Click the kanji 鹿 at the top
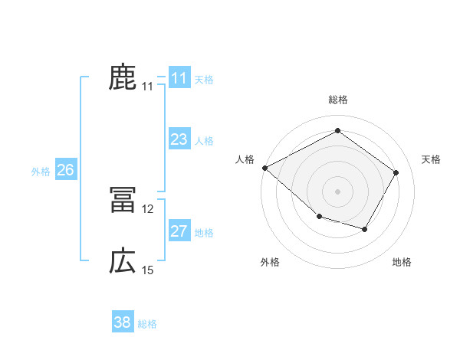[x=123, y=77]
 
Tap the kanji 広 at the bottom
[x=123, y=261]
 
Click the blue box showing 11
[x=179, y=77]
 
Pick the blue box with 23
[x=179, y=139]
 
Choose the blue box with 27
[x=179, y=231]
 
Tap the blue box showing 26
[x=65, y=170]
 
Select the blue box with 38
[x=123, y=322]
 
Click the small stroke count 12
[x=148, y=208]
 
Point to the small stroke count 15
[x=148, y=270]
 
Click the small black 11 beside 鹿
[x=148, y=87]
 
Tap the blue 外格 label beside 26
[x=41, y=172]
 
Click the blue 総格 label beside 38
[x=147, y=324]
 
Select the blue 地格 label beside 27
[x=204, y=233]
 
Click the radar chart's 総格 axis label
[x=337, y=100]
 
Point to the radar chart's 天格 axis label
[x=431, y=159]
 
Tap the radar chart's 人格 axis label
[x=245, y=159]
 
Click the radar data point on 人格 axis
[x=264, y=168]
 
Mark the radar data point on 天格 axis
[x=396, y=172]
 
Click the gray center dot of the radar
[x=337, y=191]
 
